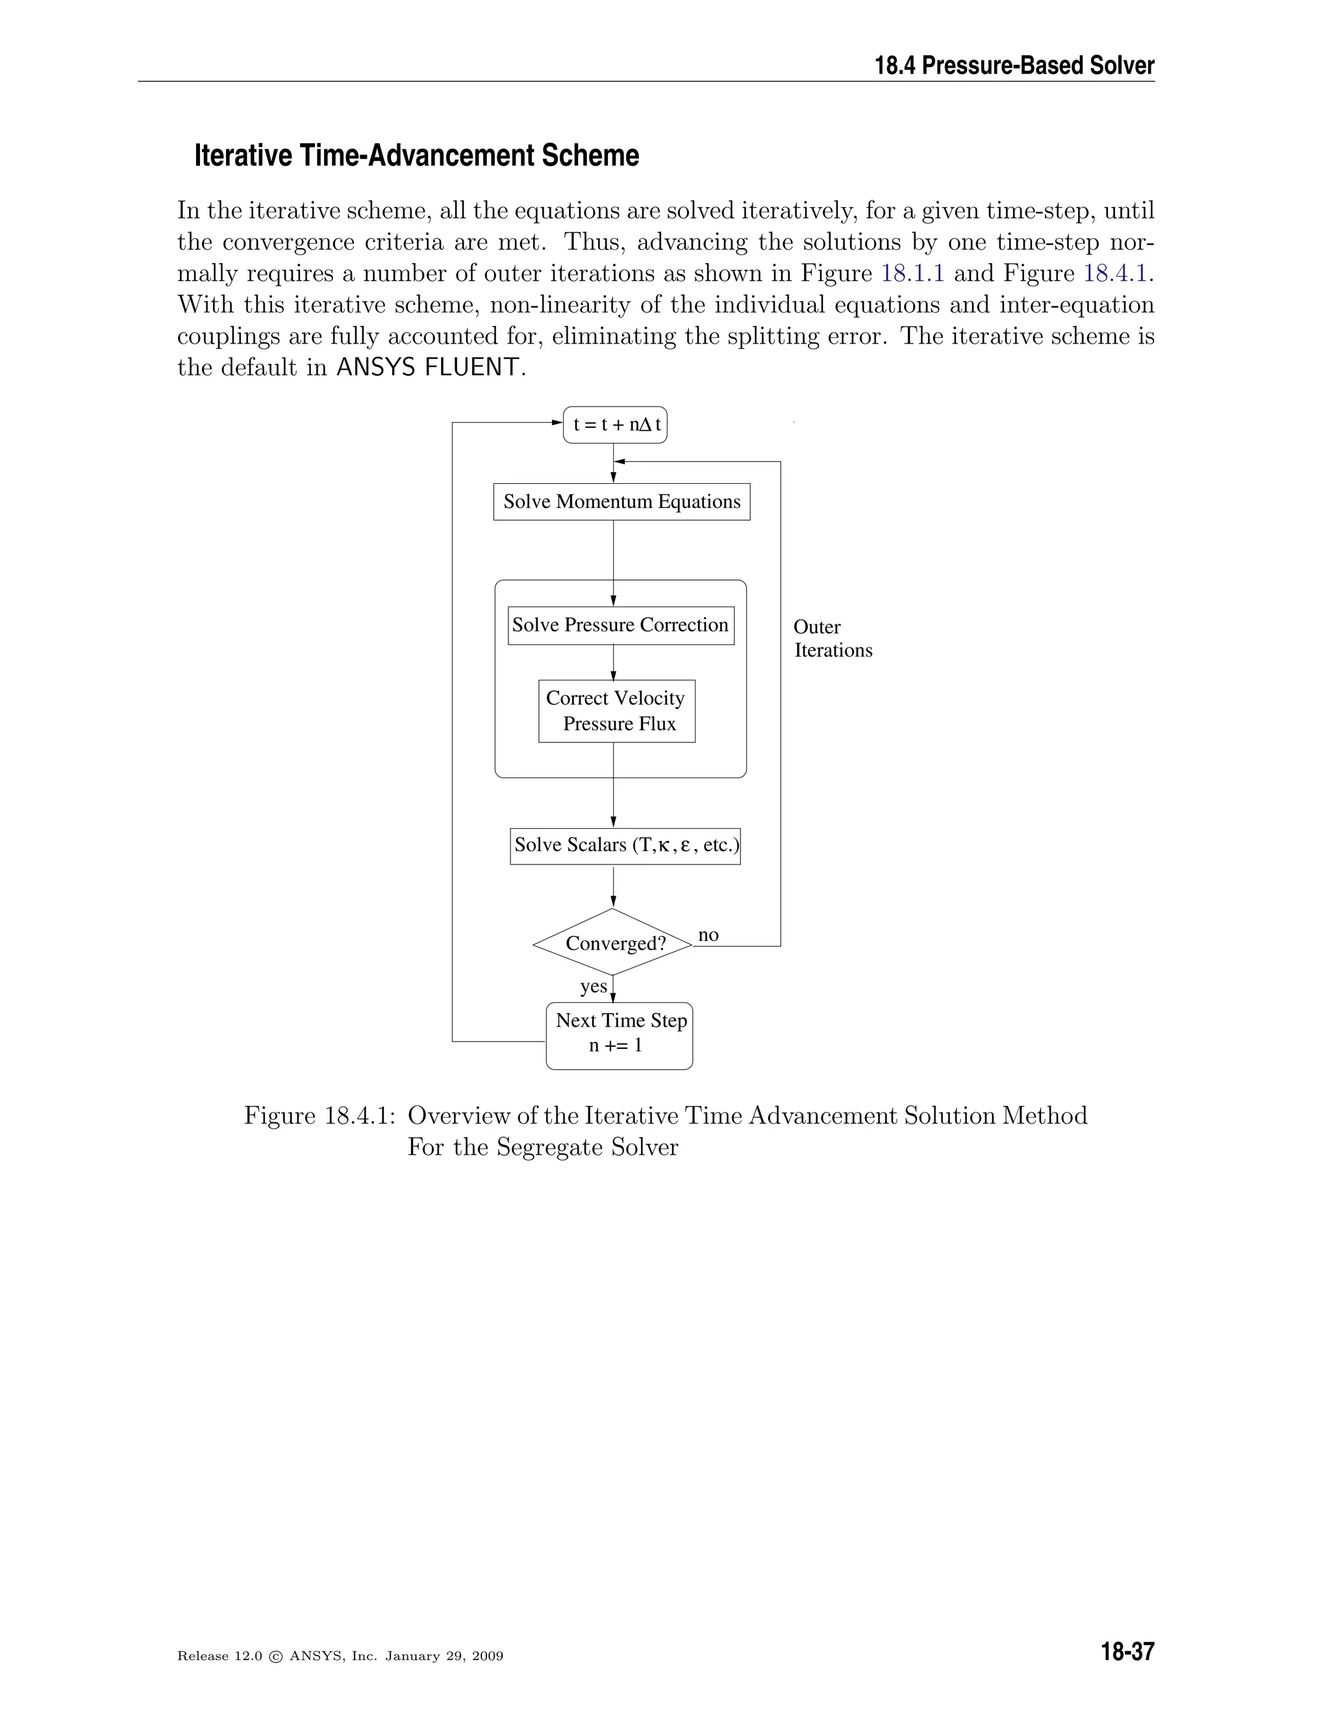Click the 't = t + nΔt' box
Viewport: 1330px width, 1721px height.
(616, 425)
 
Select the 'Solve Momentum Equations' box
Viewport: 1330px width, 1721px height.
(621, 502)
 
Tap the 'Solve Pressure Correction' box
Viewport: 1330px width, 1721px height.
(621, 625)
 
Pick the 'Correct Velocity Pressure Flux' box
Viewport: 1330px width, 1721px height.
(617, 710)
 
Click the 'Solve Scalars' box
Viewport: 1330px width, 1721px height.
(625, 846)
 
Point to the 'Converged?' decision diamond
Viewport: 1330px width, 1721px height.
(613, 942)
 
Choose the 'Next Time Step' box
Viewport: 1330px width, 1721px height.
(620, 1035)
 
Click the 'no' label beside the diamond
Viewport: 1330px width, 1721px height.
(709, 935)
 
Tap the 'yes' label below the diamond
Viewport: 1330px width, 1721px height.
(594, 986)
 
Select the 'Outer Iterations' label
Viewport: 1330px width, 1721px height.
(832, 638)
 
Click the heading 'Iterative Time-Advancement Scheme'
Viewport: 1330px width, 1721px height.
(416, 155)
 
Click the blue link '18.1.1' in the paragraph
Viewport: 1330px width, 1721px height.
(912, 273)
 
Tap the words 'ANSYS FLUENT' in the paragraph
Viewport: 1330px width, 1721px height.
(428, 367)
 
